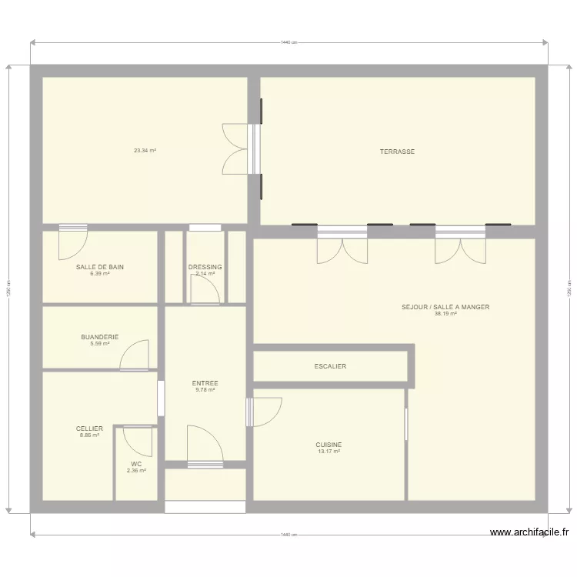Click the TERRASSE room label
(397, 152)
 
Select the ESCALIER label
(330, 366)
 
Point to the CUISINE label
(329, 445)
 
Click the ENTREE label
(205, 383)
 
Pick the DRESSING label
(205, 267)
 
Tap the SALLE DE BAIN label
(100, 267)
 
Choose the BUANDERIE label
(100, 337)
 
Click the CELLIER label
(89, 429)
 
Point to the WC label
(136, 464)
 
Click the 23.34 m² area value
(145, 151)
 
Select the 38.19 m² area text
(445, 314)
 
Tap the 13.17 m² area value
(329, 452)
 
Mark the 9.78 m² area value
(205, 390)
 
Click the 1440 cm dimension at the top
(288, 42)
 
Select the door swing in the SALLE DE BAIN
(73, 242)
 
